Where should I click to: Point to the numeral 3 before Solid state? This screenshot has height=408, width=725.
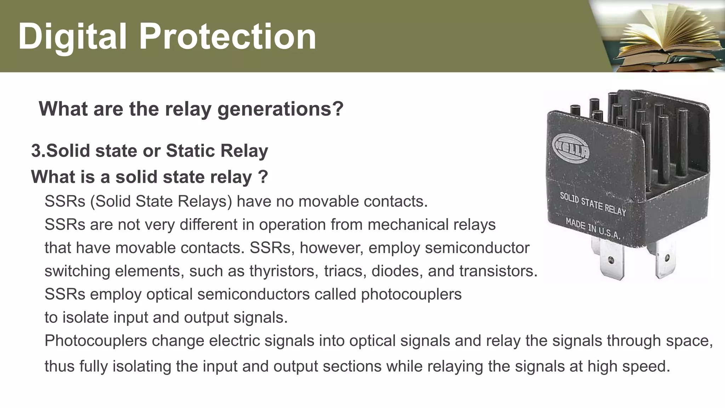36,151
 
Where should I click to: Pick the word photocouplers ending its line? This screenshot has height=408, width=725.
411,294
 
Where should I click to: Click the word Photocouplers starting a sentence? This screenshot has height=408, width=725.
96,341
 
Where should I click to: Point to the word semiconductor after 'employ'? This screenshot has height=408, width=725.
477,248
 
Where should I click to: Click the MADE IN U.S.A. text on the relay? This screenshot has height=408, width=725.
592,229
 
